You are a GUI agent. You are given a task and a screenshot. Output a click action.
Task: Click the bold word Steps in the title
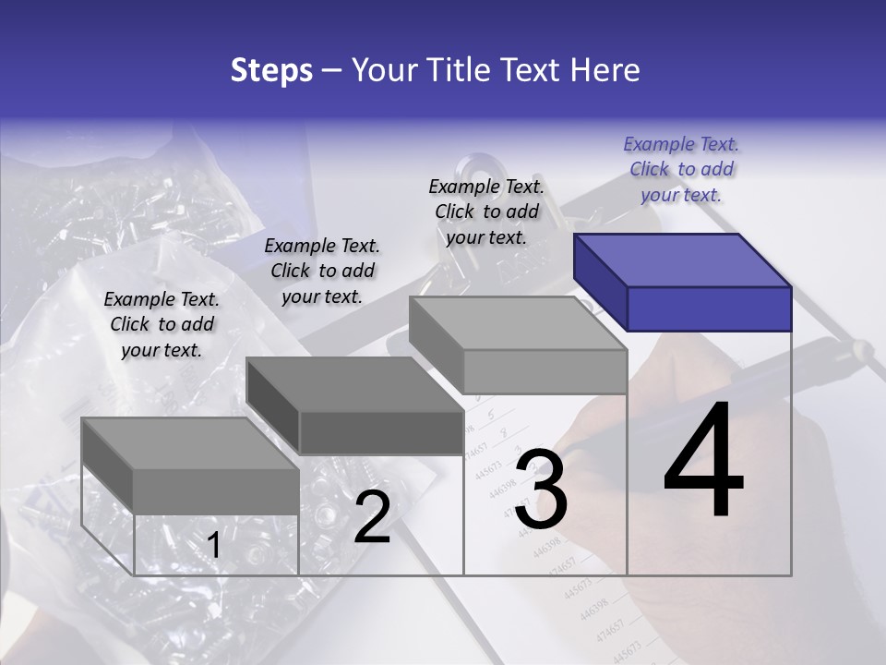tap(270, 70)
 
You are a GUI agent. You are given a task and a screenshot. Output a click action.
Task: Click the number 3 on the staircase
tap(541, 490)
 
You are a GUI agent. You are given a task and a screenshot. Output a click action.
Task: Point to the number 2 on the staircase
tap(372, 517)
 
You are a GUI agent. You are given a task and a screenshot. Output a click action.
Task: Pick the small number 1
tap(213, 546)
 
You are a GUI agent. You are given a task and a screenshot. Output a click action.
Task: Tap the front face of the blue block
tap(709, 308)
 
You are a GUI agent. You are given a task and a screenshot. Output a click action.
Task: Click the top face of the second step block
tap(355, 383)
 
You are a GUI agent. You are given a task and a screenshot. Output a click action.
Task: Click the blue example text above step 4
tap(681, 169)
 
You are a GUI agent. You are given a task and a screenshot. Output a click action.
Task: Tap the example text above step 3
tap(486, 212)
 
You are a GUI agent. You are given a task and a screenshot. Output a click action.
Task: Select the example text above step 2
tap(322, 271)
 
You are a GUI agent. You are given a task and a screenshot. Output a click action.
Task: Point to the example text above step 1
tap(162, 324)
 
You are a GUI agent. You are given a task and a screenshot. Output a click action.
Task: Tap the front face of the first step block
tap(216, 490)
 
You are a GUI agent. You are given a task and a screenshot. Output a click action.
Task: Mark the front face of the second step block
tap(381, 432)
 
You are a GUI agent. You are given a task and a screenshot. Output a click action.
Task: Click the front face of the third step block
tap(545, 371)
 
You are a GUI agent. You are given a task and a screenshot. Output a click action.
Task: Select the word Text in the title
tap(533, 70)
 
